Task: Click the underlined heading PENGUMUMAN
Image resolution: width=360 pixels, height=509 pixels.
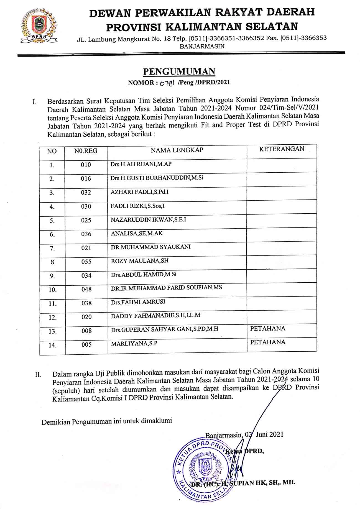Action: coord(179,71)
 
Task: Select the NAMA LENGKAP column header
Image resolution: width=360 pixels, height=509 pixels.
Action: coord(177,150)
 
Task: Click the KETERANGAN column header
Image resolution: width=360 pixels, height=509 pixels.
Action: coord(282,149)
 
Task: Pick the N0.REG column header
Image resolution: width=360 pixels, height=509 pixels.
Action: coord(86,151)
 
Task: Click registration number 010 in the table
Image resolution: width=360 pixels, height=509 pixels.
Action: coord(86,165)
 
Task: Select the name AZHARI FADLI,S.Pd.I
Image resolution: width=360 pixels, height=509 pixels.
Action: coord(139,192)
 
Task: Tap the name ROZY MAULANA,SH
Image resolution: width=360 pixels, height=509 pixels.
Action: coord(140,261)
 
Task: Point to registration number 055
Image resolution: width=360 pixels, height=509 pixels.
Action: coord(86,262)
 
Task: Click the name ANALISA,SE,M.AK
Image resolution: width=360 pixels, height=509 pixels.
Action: coord(137,233)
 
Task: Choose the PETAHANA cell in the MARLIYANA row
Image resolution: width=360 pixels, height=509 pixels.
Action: coord(268,342)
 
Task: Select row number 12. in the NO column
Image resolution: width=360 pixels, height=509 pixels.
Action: coord(53,318)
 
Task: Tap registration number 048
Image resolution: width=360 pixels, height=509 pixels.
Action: coord(86,289)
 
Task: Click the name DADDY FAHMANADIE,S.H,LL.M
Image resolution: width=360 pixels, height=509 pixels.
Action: coord(155,316)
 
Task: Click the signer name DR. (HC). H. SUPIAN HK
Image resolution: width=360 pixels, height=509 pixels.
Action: coord(243,483)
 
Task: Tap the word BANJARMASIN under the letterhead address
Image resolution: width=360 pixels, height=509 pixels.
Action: coord(202,47)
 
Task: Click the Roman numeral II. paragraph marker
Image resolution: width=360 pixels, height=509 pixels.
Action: coord(38,375)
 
